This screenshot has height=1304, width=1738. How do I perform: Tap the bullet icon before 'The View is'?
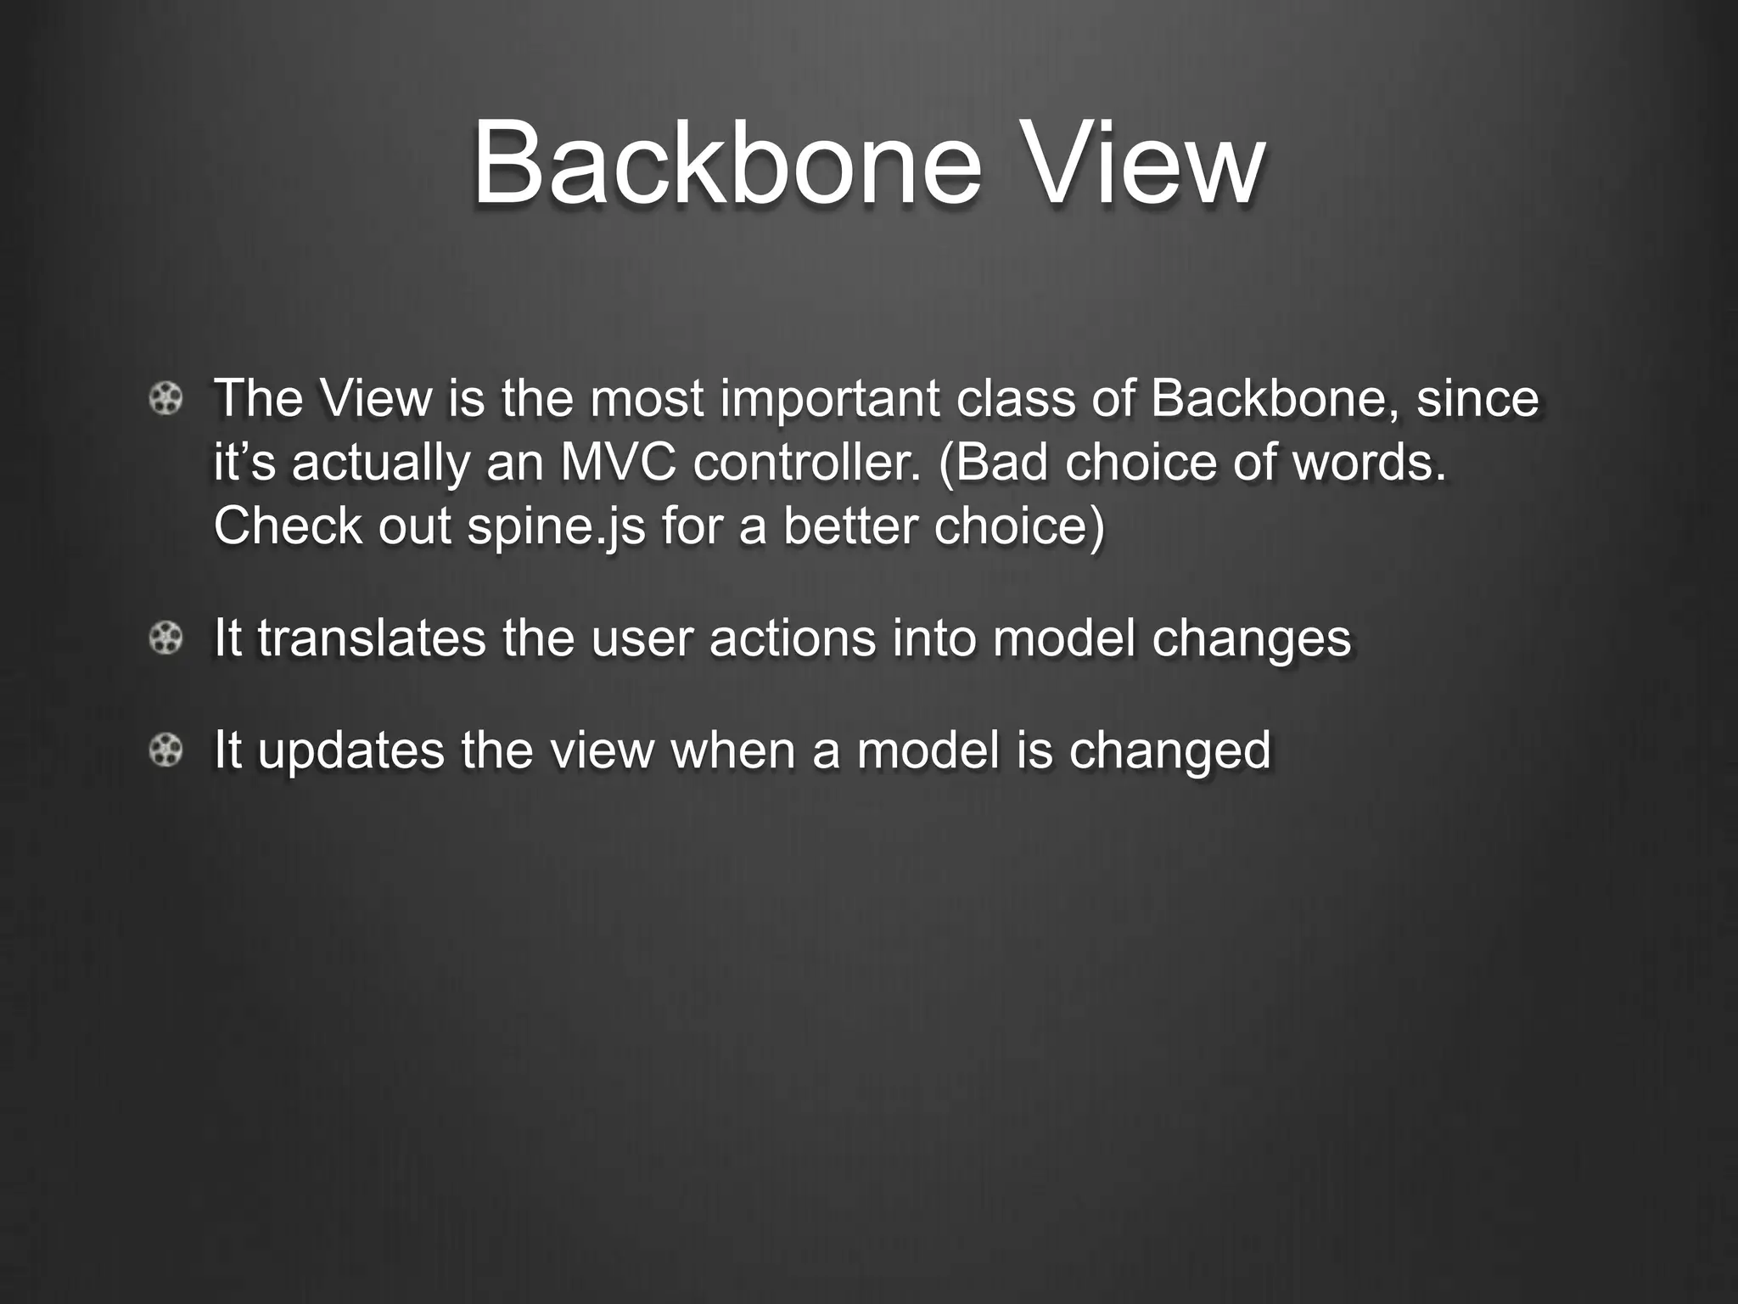[x=165, y=398]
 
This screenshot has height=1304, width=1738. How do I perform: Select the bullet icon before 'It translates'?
[x=165, y=638]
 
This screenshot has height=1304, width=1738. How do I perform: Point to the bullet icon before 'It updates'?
[x=165, y=750]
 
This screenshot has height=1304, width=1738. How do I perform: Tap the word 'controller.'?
[x=806, y=463]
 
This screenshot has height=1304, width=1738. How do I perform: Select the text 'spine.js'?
[x=556, y=526]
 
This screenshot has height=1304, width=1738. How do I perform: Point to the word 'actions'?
[x=792, y=638]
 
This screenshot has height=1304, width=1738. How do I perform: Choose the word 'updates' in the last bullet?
[x=350, y=750]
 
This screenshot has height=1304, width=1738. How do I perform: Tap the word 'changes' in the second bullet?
[x=1251, y=638]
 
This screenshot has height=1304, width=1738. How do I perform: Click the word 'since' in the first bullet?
[x=1477, y=398]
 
